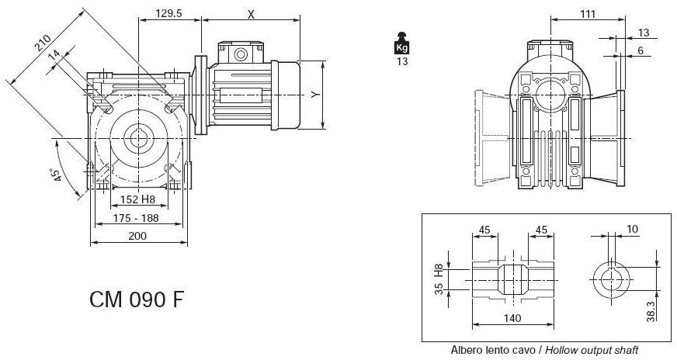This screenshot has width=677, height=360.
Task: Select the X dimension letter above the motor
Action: click(x=250, y=14)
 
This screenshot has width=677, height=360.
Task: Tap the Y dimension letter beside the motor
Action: click(x=314, y=94)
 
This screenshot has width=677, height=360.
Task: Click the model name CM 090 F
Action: click(x=137, y=298)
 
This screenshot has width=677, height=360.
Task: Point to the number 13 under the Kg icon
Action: click(x=401, y=62)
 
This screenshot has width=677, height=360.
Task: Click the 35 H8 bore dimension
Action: click(x=439, y=278)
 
